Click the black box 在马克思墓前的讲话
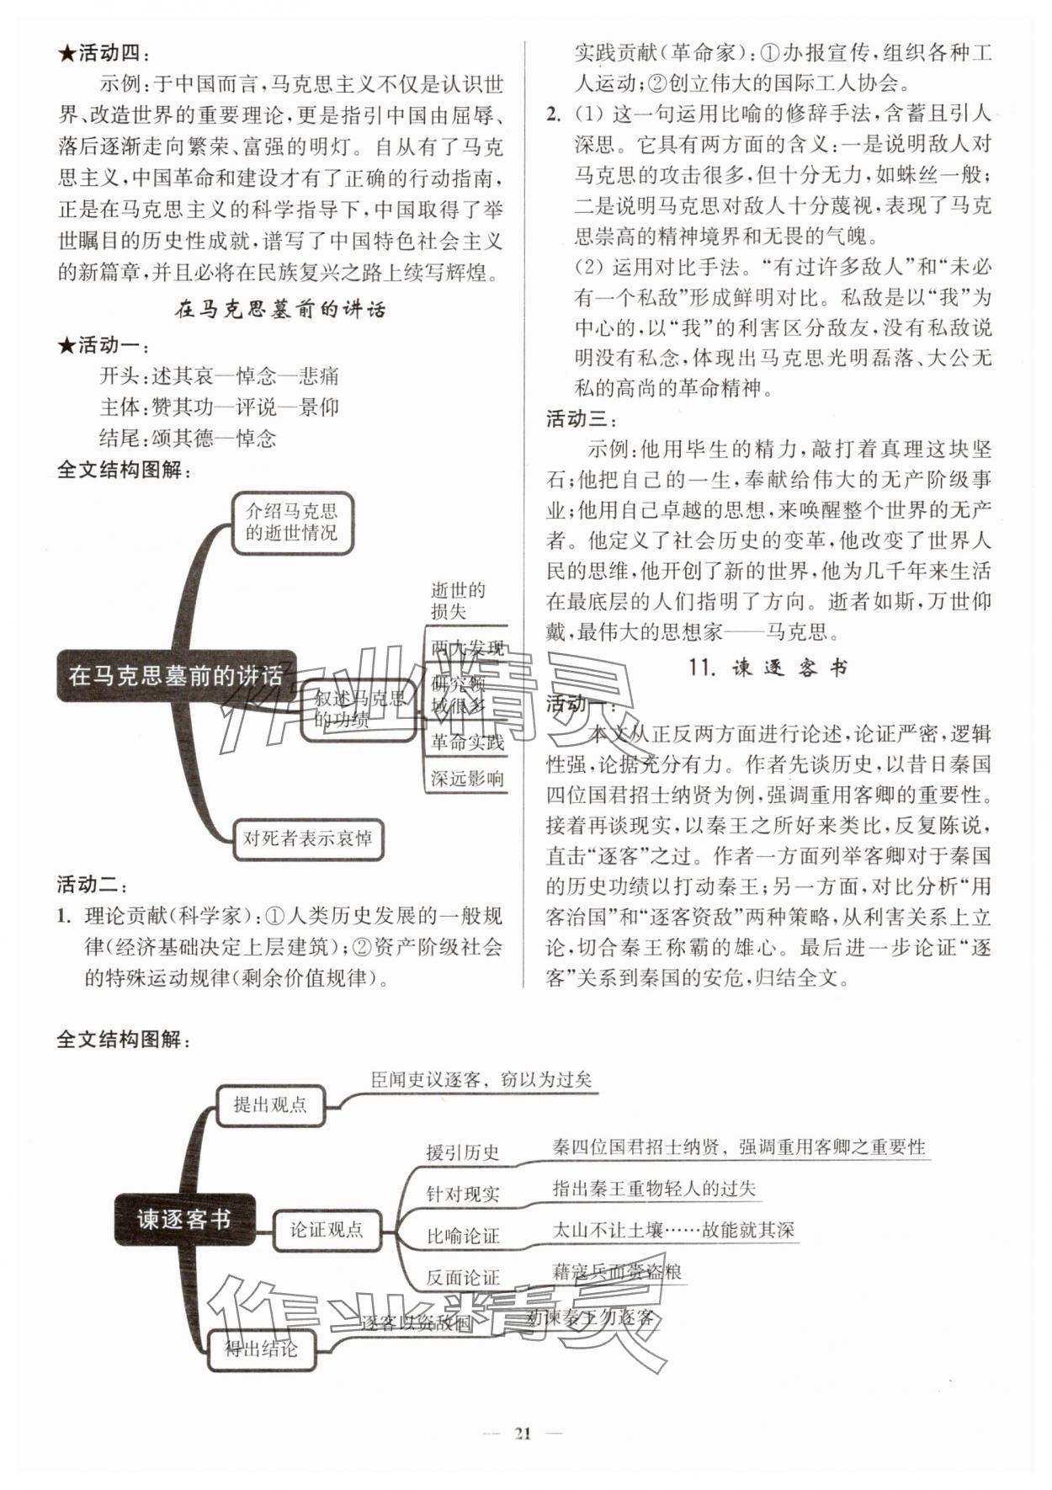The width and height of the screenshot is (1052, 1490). tap(176, 676)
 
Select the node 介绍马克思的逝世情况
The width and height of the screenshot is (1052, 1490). tap(291, 522)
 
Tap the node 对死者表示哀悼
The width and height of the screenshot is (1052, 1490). tap(307, 838)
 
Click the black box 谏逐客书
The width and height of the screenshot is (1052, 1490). tap(184, 1218)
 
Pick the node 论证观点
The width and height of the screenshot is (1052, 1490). tap(327, 1229)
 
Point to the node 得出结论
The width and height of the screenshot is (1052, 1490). tap(261, 1349)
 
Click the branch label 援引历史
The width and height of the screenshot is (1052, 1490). tap(462, 1152)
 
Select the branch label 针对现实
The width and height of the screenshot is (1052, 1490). tap(462, 1194)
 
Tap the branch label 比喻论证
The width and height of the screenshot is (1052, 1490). tap(462, 1236)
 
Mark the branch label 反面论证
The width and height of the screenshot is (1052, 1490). tap(462, 1277)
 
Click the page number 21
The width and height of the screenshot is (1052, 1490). tap(523, 1434)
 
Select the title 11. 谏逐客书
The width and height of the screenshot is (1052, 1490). tap(768, 668)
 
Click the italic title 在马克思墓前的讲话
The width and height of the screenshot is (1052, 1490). tap(279, 309)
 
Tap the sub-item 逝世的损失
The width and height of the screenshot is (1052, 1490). tap(459, 600)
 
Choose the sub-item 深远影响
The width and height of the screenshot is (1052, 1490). tap(467, 779)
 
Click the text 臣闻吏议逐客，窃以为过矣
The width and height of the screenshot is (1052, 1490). tap(481, 1079)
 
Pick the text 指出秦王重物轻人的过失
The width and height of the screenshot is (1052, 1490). tap(654, 1189)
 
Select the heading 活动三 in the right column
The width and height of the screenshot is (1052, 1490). tap(582, 418)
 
